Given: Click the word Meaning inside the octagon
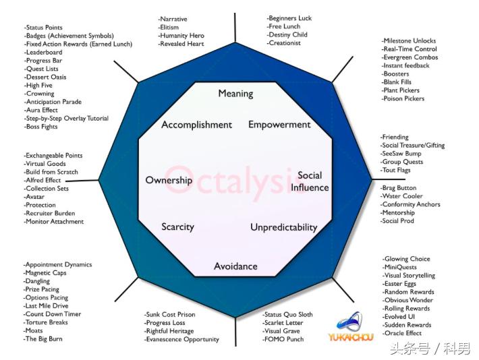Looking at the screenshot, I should click(235, 94).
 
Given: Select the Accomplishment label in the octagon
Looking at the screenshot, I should click(196, 125).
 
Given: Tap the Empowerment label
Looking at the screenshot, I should click(279, 125).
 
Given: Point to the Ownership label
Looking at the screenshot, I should click(169, 180).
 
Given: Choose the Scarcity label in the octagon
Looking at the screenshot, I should click(177, 227).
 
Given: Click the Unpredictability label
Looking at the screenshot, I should click(283, 227).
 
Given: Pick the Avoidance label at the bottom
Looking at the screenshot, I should click(235, 266).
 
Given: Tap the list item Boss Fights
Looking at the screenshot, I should click(41, 127).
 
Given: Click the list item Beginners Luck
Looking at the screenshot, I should click(289, 18).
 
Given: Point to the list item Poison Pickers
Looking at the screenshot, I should click(403, 98).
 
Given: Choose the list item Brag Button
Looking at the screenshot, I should click(399, 188).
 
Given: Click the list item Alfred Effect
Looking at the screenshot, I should click(43, 181).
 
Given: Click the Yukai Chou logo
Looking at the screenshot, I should click(351, 327).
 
